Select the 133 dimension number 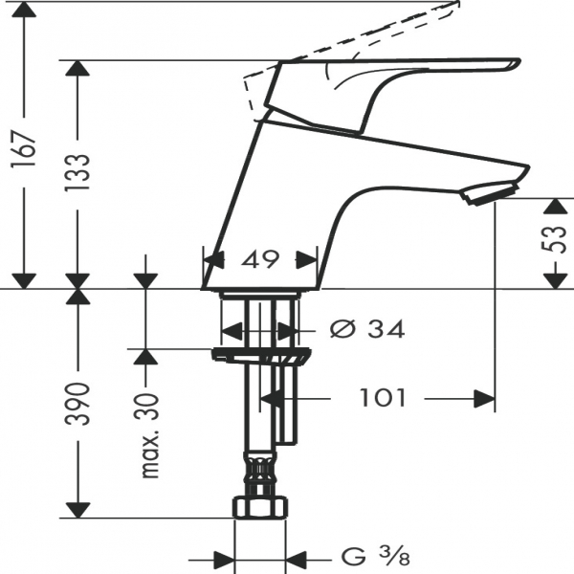[x=80, y=174]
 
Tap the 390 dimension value [x=80, y=404]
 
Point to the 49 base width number [x=260, y=259]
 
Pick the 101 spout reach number [x=384, y=397]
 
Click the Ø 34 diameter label [x=366, y=330]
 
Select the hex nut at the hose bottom [x=261, y=507]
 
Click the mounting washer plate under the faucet [x=261, y=356]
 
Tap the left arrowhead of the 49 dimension [x=212, y=259]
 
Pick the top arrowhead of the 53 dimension [x=553, y=207]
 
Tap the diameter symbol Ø [x=341, y=330]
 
